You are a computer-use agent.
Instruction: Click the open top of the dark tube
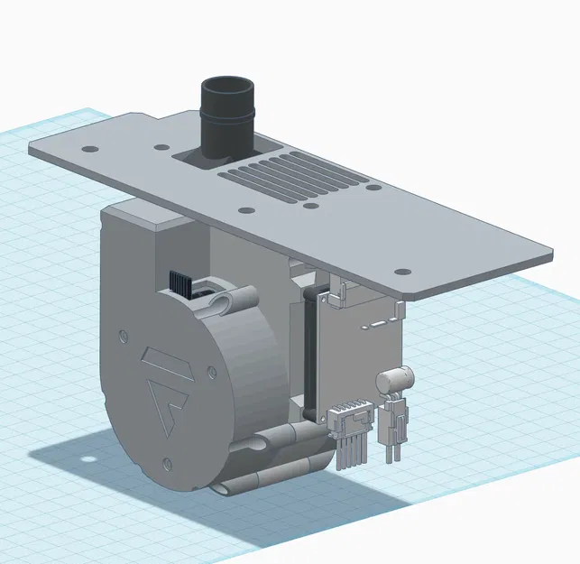pos(229,90)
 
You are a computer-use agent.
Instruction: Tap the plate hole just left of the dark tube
pos(159,146)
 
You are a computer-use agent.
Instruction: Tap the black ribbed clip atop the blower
pos(181,281)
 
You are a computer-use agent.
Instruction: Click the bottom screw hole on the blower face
pos(167,466)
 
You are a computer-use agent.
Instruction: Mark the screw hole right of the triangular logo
pos(211,369)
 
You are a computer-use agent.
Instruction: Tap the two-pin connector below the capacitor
pos(394,424)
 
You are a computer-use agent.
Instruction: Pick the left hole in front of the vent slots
pos(245,210)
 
